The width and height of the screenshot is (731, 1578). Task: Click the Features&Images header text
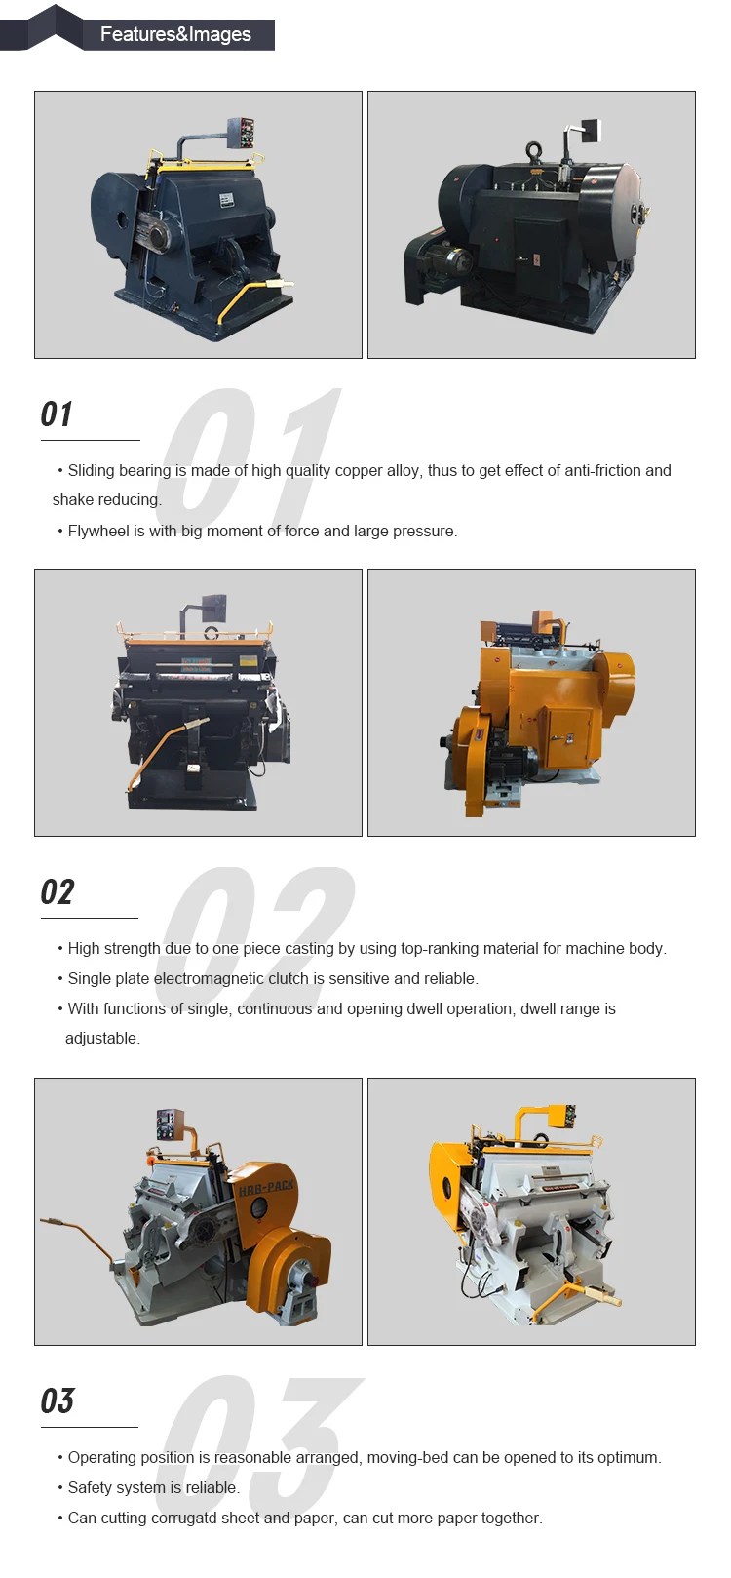(175, 34)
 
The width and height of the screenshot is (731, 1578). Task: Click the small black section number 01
(57, 414)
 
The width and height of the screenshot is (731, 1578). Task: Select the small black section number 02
(57, 892)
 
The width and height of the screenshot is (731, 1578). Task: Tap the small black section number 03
(57, 1401)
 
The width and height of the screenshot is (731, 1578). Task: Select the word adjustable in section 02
(101, 1038)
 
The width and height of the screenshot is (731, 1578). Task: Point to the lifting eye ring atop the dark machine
(535, 152)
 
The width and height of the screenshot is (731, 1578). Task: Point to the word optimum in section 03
(627, 1457)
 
